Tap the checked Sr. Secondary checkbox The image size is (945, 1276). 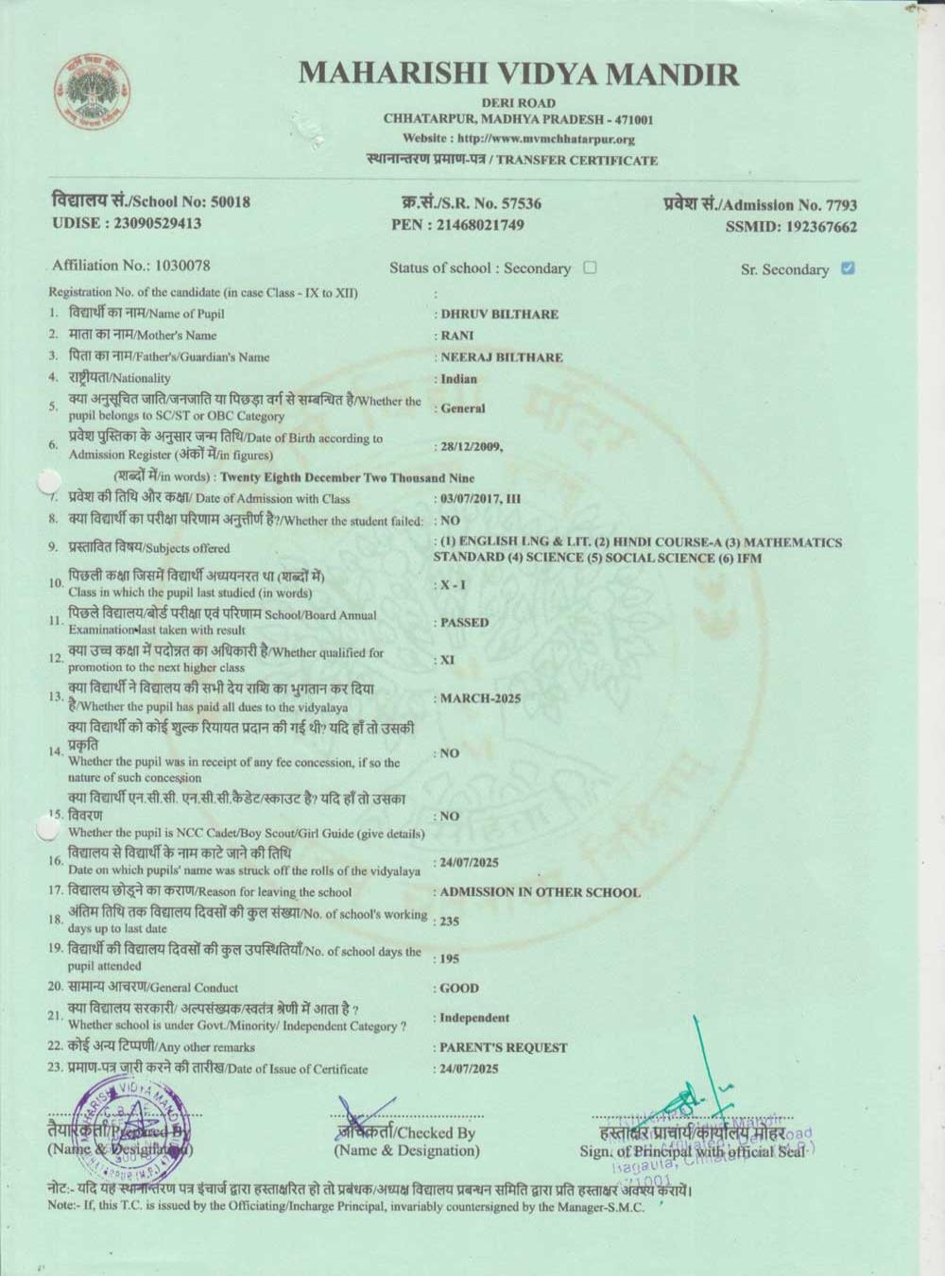pos(848,268)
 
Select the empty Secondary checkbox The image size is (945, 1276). pos(590,267)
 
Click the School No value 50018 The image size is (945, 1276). pos(230,202)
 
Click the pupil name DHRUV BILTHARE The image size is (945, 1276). pos(499,314)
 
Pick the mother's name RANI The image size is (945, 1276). pos(457,336)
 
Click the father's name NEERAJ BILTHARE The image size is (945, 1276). pos(501,357)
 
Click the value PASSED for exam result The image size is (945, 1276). pos(464,623)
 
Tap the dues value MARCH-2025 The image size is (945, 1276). pos(480,698)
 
